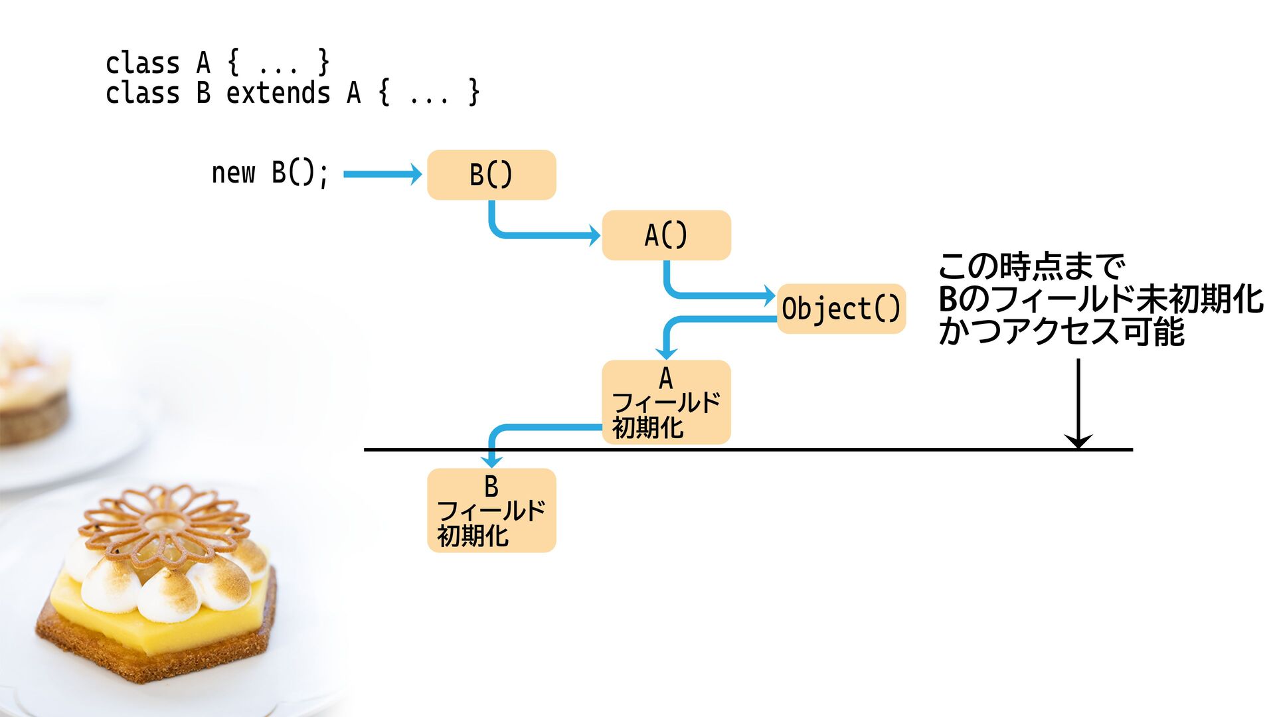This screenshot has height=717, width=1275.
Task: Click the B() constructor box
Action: click(x=491, y=175)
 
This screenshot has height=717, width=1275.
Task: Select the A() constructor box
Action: click(x=666, y=235)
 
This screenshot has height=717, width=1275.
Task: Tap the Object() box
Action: click(x=841, y=309)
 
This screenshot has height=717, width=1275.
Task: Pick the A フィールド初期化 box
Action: click(x=666, y=402)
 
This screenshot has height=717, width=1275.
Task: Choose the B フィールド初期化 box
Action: click(x=491, y=510)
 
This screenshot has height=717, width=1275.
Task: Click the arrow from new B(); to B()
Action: click(x=382, y=174)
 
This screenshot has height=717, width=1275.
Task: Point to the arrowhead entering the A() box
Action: click(x=595, y=235)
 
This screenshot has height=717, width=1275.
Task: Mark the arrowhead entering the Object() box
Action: click(x=770, y=295)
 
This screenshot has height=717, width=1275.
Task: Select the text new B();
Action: click(x=270, y=173)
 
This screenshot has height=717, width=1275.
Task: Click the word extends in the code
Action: click(x=278, y=93)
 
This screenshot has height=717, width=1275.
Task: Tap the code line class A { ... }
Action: click(x=217, y=63)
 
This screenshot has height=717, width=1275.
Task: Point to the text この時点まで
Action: click(x=1031, y=266)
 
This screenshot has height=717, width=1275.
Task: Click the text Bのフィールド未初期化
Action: click(x=1100, y=299)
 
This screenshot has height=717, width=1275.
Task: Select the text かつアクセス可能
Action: click(x=1061, y=331)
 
